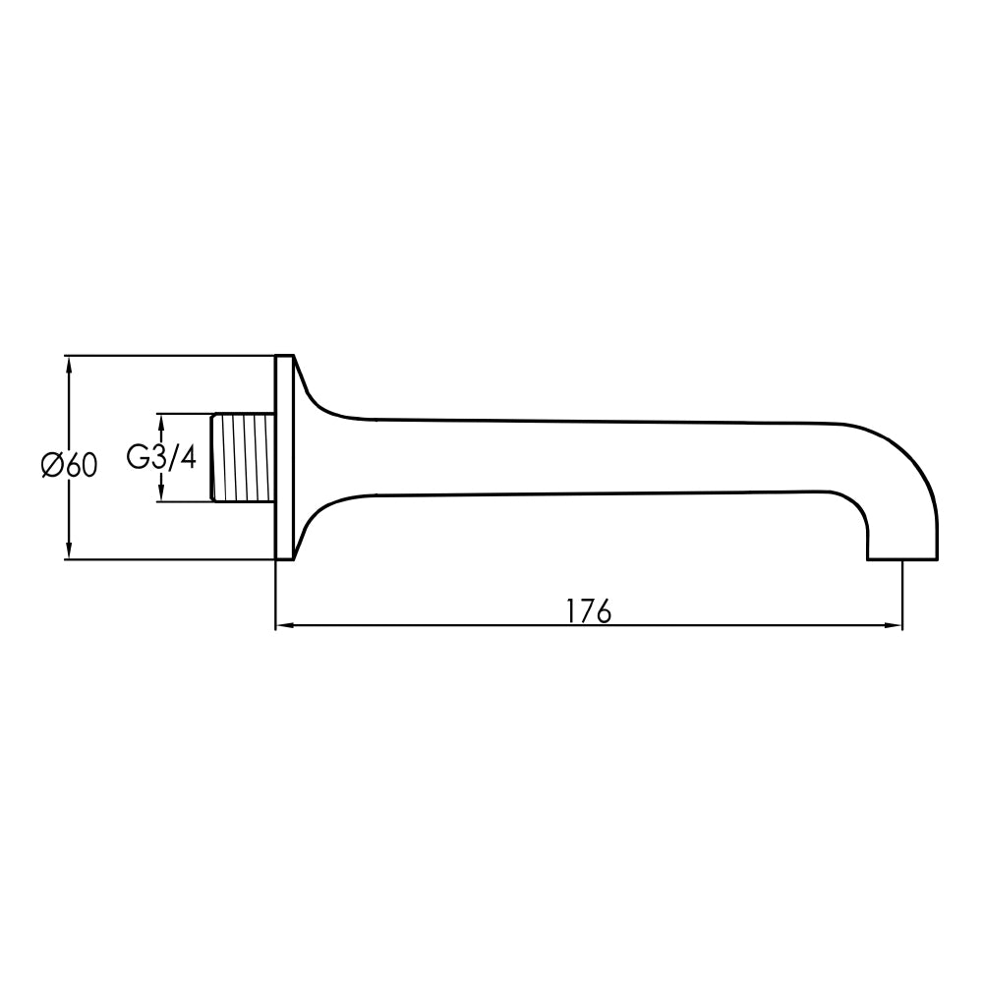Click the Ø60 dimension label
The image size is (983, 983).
70,464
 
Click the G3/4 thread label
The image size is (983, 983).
161,457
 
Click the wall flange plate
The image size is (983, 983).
284,457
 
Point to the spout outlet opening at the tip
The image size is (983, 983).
901,559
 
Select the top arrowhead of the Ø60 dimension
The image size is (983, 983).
68,363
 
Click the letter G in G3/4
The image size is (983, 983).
137,457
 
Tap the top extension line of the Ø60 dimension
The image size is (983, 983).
167,355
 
